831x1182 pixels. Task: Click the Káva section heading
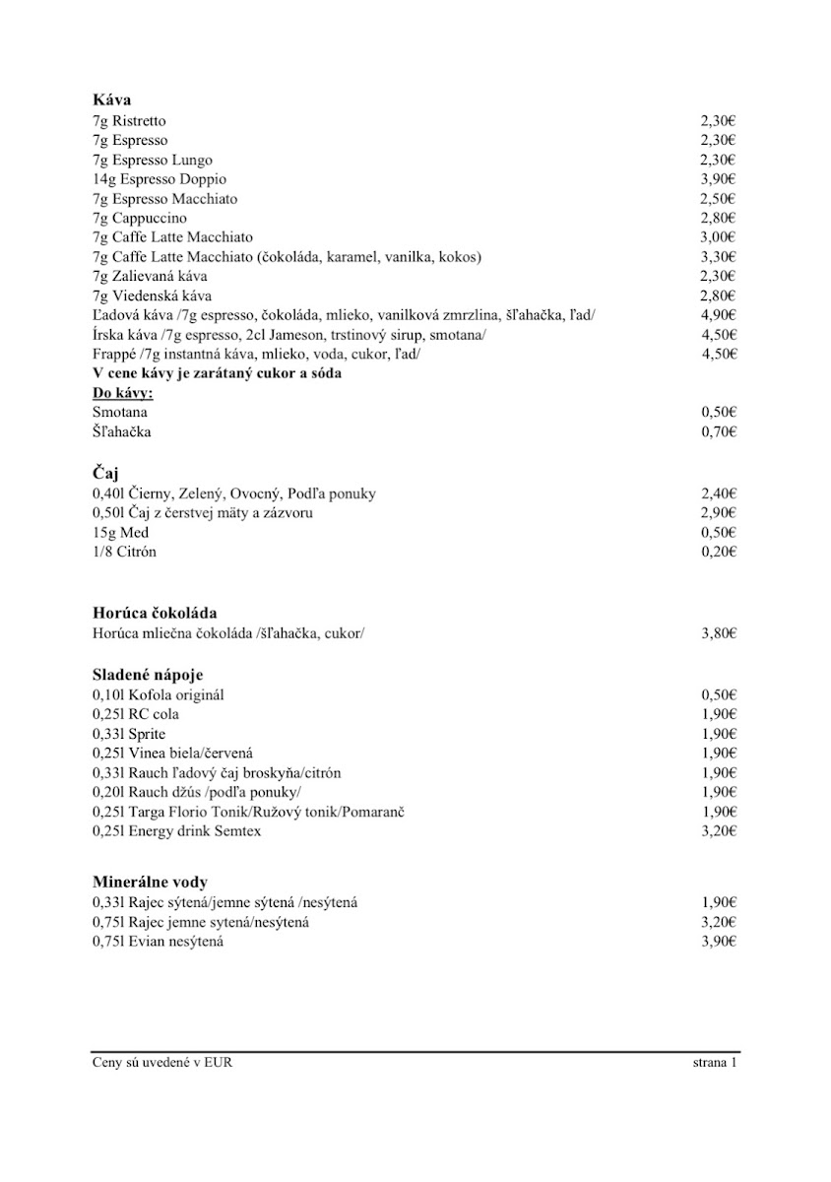111,100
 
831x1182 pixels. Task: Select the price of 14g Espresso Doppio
719,179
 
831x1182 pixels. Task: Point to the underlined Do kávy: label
129,393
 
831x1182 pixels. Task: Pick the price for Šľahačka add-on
719,431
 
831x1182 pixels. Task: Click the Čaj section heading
105,474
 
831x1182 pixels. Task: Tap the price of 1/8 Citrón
719,552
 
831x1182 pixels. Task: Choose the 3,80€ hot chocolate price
719,633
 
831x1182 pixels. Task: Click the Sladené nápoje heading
148,675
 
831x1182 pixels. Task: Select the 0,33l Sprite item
129,734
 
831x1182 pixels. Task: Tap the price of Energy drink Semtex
719,831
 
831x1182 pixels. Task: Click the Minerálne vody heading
150,882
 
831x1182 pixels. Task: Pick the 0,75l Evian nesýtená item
158,942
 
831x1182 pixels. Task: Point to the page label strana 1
715,1063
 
